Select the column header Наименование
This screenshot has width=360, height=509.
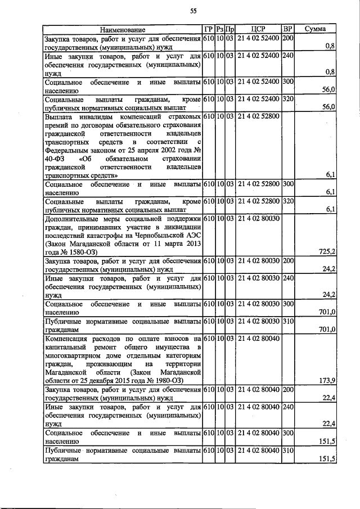123,29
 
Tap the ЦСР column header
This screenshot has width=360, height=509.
258,29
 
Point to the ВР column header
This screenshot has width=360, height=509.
287,29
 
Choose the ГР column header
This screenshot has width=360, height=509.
208,29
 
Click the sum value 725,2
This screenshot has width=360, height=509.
327,251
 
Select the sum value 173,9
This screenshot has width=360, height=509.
327,381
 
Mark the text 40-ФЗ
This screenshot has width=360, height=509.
55,159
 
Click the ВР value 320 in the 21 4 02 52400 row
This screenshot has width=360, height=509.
287,99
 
